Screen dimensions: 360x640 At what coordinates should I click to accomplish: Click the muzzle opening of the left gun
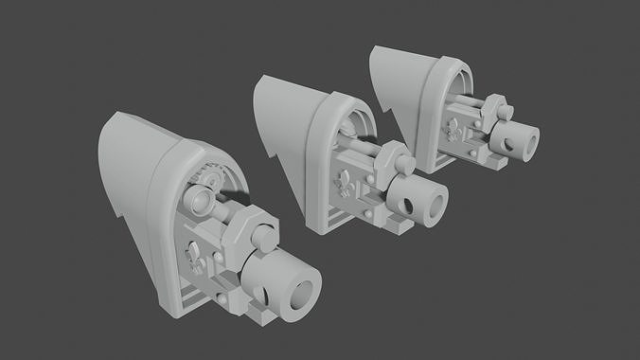(x=302, y=296)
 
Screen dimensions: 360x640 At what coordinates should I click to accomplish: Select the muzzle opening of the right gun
(x=528, y=142)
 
